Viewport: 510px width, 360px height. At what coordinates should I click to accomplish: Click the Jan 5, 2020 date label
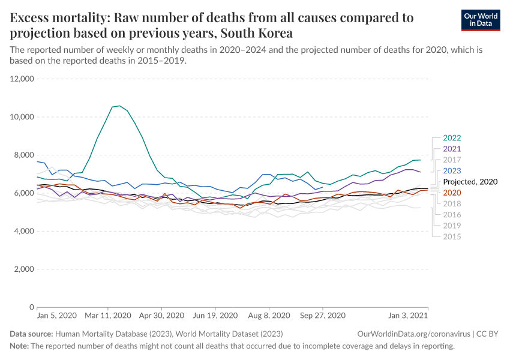coord(57,316)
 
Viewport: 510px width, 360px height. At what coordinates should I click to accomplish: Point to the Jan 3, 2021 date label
coord(407,316)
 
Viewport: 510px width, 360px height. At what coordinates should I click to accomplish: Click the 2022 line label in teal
coord(452,138)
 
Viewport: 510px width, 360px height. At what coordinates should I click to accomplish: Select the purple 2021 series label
coord(452,149)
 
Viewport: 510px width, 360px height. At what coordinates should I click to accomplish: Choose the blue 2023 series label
coord(452,170)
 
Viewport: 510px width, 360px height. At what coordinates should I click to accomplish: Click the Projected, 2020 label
coord(470,181)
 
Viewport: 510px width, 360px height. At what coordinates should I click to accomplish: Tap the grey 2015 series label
coord(452,236)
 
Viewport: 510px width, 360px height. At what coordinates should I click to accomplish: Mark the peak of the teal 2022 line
coord(119,106)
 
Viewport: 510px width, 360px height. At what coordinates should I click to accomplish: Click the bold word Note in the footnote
coord(19,346)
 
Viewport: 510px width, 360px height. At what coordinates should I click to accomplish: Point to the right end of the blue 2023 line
coord(323,187)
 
